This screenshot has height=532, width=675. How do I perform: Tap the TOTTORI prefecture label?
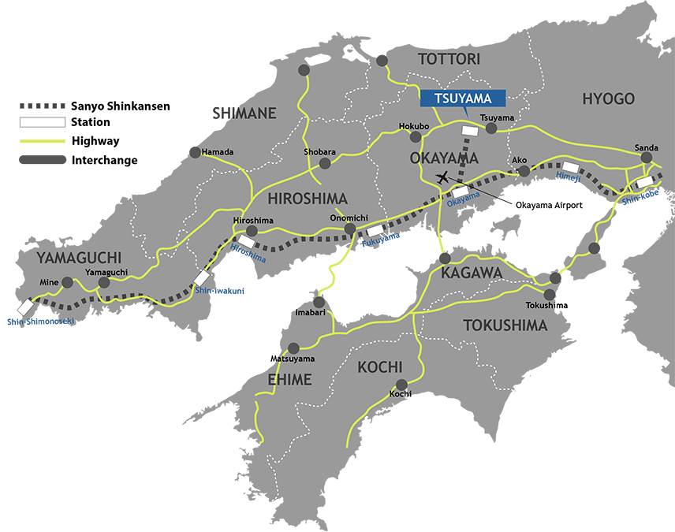click(x=449, y=59)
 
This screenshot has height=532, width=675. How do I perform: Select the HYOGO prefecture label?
click(x=608, y=99)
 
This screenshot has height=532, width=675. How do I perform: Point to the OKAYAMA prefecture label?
click(x=445, y=158)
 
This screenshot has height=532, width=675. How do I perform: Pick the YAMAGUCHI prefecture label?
click(x=78, y=258)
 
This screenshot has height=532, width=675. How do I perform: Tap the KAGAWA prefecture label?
click(x=472, y=273)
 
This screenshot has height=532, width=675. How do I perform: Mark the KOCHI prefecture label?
click(x=380, y=367)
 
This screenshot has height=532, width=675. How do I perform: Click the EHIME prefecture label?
click(x=289, y=380)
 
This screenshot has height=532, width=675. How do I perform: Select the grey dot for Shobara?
click(x=324, y=164)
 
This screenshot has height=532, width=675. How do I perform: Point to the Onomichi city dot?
click(x=349, y=229)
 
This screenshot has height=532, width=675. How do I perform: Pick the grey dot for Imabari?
click(x=321, y=302)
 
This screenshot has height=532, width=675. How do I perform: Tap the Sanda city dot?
click(x=647, y=158)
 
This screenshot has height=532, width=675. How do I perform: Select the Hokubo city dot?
click(x=416, y=136)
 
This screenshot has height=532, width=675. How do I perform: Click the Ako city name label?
click(x=520, y=160)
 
